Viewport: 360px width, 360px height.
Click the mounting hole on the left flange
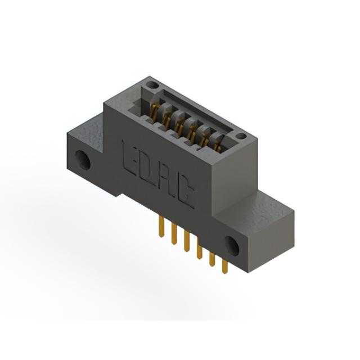(83, 160)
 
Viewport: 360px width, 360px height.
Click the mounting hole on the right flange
(232, 246)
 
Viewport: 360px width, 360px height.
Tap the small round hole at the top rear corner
(152, 85)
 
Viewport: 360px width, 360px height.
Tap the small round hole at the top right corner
(241, 136)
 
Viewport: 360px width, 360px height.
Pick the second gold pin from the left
(174, 234)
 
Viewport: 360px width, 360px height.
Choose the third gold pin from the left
(187, 241)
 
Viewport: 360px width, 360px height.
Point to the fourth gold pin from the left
(200, 249)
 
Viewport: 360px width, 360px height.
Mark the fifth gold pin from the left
(213, 256)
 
